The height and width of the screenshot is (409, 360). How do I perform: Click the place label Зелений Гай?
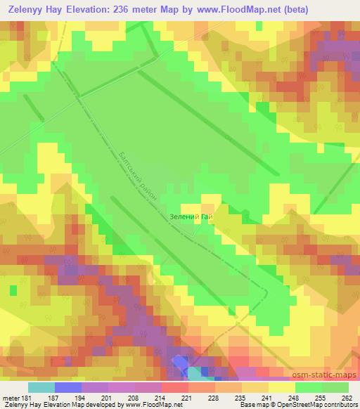[x=191, y=216]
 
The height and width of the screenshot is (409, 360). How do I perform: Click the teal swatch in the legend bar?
[x=41, y=387]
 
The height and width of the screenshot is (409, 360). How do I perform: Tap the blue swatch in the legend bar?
[x=68, y=387]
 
